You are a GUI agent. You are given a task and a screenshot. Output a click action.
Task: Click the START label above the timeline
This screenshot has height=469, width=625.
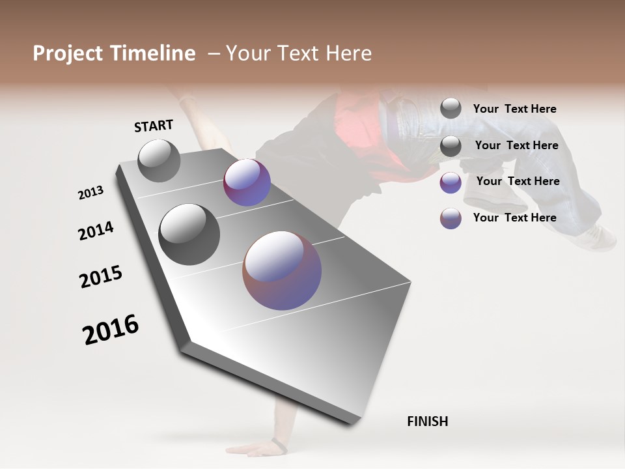154,125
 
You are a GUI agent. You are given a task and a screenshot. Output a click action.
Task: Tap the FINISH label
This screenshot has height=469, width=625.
427,421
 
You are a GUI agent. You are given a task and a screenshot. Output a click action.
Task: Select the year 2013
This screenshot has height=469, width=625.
91,193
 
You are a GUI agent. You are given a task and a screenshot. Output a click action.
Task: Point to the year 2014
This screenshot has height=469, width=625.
96,231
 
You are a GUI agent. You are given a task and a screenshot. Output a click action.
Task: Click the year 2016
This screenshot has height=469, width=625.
111,330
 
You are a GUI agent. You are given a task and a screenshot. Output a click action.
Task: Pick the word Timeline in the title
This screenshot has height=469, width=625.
153,53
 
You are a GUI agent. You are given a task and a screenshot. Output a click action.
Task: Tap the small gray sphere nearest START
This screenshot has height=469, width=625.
159,160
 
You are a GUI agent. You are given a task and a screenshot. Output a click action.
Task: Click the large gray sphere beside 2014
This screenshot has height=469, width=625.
189,234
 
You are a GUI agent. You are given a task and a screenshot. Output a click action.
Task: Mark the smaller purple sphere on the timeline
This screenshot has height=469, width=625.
247,182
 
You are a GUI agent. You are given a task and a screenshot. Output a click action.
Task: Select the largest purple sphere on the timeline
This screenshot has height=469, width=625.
282,270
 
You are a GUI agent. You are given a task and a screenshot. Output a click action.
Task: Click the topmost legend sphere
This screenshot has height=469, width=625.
451,108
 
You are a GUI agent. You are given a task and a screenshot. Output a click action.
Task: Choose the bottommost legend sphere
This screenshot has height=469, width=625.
451,218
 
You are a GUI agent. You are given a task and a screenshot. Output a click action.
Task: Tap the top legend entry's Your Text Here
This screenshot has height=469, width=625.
514,109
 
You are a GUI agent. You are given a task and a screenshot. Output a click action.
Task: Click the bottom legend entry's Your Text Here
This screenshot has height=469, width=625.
514,218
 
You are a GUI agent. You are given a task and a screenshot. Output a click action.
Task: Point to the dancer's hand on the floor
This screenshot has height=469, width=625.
257,449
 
